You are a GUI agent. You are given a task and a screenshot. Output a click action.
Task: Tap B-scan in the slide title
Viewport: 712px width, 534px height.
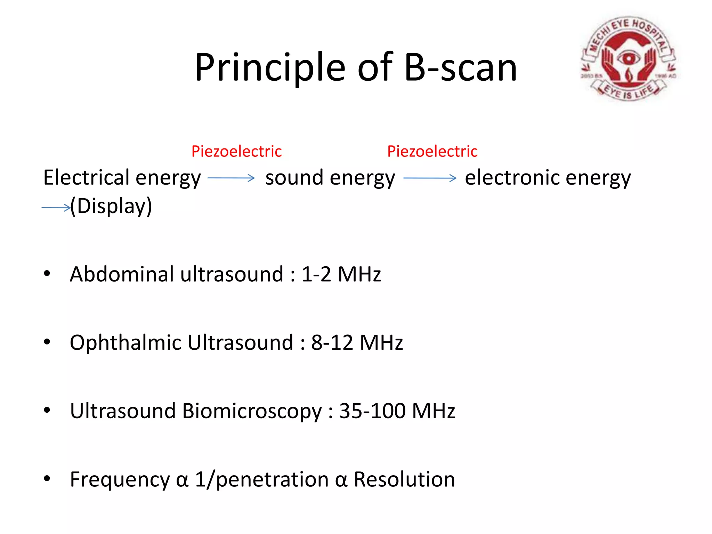461,67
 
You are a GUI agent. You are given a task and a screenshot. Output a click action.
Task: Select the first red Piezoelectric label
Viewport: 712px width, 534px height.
236,152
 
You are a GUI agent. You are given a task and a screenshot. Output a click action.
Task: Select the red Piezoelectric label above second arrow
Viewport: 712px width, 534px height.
432,152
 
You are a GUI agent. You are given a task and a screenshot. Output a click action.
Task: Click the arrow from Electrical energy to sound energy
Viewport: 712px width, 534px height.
231,178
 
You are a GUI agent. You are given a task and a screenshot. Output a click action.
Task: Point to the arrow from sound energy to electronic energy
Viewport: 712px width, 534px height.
430,178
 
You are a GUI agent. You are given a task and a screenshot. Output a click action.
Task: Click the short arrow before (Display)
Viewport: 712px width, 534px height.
56,208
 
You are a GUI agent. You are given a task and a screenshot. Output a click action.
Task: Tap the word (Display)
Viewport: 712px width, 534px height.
111,206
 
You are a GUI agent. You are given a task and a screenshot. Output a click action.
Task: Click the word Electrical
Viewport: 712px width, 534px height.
86,177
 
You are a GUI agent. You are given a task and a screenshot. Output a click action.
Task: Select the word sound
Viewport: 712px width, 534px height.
294,178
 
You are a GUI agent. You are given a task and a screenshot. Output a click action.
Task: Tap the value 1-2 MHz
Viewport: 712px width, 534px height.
341,274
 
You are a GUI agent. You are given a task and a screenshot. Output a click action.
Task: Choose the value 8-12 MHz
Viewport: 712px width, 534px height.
357,343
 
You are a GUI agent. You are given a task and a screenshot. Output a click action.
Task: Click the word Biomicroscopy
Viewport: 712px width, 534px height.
252,411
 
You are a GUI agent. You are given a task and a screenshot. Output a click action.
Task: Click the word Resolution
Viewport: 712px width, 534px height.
404,479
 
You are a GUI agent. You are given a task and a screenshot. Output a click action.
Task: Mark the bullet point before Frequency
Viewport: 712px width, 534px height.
47,479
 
